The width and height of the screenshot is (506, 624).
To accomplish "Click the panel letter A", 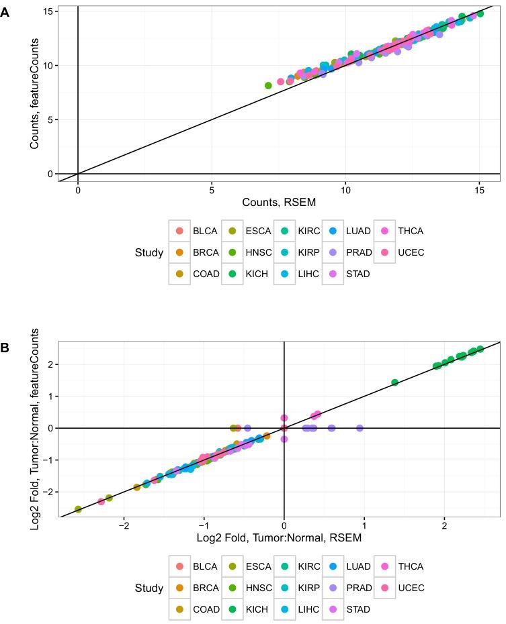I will coord(5,11).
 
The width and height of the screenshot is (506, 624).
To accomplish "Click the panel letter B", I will coord(5,348).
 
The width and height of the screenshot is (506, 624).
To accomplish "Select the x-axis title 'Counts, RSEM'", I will coord(280,202).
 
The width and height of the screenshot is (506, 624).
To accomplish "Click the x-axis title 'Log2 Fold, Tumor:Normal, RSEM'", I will coord(279,537).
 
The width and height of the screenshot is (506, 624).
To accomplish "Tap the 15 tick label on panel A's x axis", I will coord(479,190).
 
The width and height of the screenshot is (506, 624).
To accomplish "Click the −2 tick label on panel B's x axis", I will coord(124,525).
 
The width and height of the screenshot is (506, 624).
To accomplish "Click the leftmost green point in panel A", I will coord(268,86).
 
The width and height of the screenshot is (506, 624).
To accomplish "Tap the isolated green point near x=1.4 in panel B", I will coord(394,382).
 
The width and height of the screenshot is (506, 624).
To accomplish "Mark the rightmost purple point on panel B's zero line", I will coord(360,428).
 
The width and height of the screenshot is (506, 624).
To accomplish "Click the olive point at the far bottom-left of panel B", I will coord(78,509).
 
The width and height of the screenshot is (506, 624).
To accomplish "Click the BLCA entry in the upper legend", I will coord(195,231).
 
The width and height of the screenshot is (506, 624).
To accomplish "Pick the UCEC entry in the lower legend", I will coord(402,588).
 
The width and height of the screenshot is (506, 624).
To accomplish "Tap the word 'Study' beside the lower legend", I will coord(149,588).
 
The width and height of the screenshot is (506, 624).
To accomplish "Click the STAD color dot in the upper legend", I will coord(333,274).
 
